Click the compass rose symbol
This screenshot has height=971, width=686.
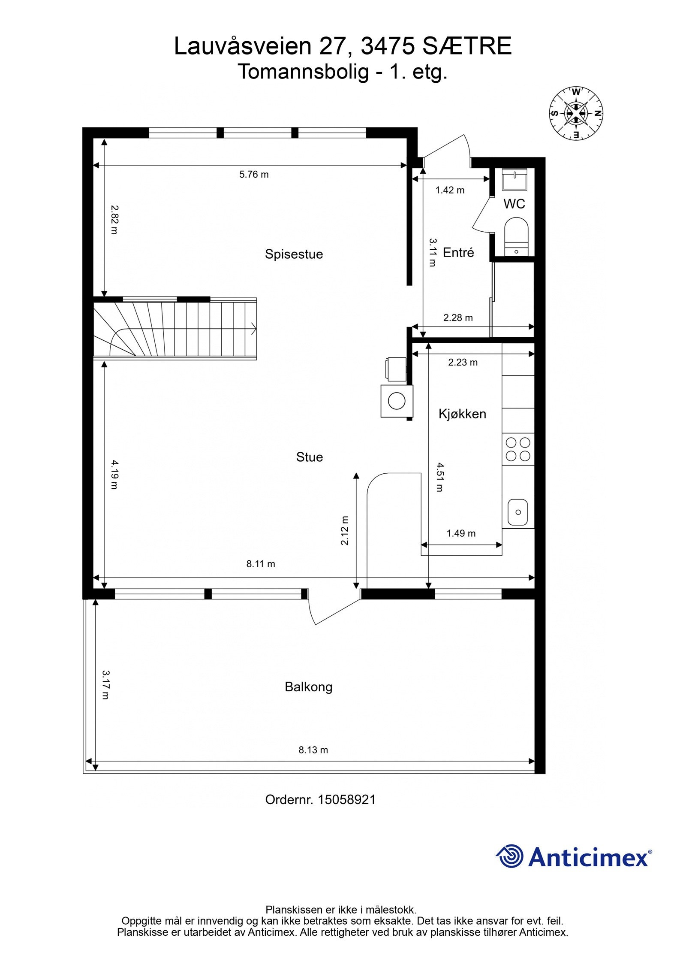click(576, 113)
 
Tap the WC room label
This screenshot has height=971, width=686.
click(514, 203)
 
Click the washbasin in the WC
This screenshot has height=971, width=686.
click(516, 179)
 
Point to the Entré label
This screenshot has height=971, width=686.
click(458, 252)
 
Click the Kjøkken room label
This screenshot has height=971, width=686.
click(462, 414)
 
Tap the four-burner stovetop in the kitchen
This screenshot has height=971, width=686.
click(518, 449)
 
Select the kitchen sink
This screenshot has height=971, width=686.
click(518, 512)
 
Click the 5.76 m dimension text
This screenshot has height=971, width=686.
click(254, 174)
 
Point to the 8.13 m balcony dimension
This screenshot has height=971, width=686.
click(313, 750)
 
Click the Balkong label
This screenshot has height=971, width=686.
click(309, 687)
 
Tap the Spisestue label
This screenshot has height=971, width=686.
click(294, 254)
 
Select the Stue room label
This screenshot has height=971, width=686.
click(309, 457)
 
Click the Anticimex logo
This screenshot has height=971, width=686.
click(574, 857)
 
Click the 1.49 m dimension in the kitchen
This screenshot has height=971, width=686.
click(461, 533)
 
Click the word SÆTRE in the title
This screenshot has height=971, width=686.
click(467, 46)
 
